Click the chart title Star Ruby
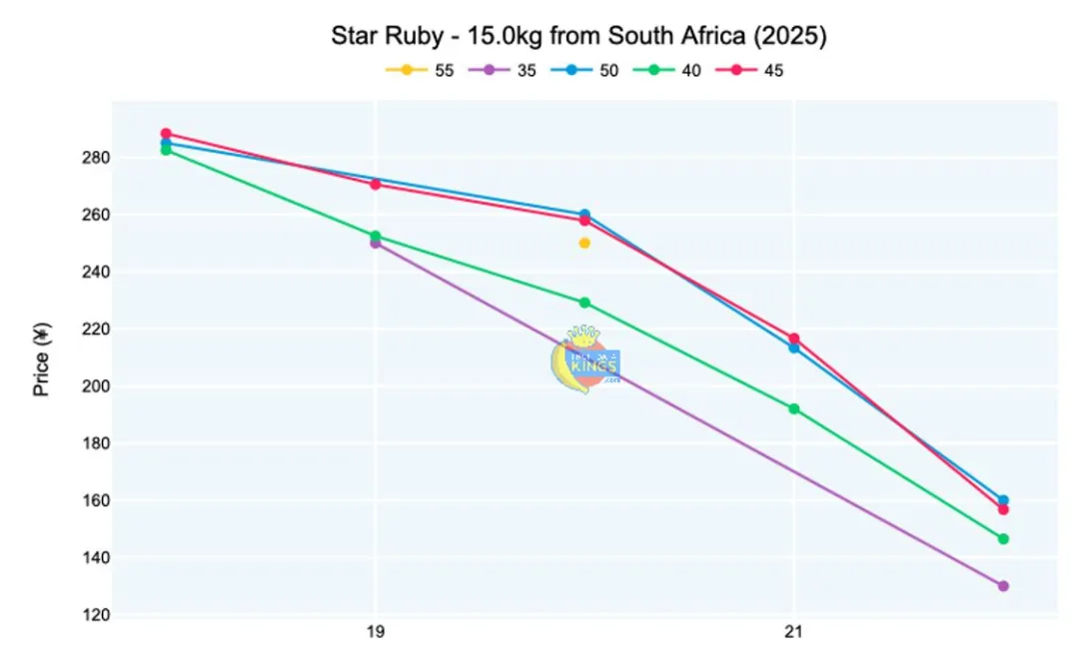579,36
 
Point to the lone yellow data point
584,243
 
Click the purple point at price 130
1003,586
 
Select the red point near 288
166,133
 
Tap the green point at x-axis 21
794,408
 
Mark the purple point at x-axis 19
375,243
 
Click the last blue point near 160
1003,500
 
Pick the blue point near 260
584,214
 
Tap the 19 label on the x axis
376,632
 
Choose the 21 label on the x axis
794,632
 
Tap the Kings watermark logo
586,359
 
